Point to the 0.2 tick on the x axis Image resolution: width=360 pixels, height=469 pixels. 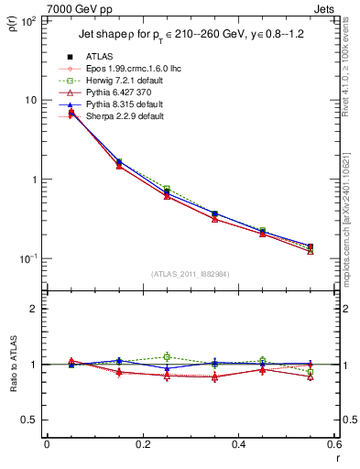[x=142, y=444]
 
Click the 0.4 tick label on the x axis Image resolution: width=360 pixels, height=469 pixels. [x=237, y=444]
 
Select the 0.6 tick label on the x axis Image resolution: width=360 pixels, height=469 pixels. [x=333, y=444]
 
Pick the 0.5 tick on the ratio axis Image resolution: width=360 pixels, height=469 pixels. [x=33, y=420]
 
